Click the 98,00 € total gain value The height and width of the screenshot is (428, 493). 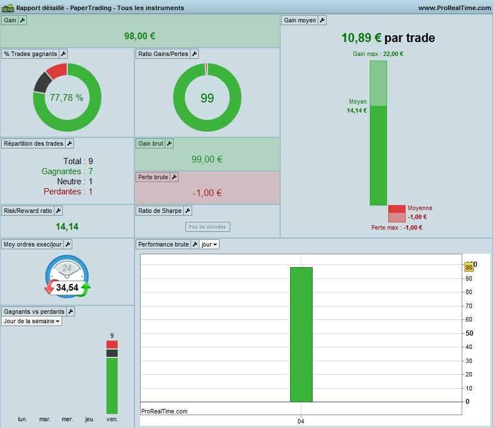pyautogui.click(x=139, y=36)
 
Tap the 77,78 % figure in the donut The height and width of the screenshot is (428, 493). pyautogui.click(x=66, y=98)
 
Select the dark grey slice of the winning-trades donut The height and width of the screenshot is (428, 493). pyautogui.click(x=42, y=83)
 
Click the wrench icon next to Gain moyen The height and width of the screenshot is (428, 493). pyautogui.click(x=322, y=20)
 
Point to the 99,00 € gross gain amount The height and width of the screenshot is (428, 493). pyautogui.click(x=207, y=160)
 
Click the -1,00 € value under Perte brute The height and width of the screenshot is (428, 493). pyautogui.click(x=207, y=193)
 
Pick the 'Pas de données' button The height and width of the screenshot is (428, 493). pyautogui.click(x=207, y=227)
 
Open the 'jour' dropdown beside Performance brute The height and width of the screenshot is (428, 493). pyautogui.click(x=209, y=244)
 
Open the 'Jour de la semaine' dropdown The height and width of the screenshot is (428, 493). pyautogui.click(x=31, y=321)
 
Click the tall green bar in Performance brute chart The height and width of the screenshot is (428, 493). pyautogui.click(x=301, y=334)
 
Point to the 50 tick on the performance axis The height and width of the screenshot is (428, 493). pyautogui.click(x=469, y=333)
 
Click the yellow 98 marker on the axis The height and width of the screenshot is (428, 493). pyautogui.click(x=469, y=267)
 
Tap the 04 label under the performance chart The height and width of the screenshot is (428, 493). pyautogui.click(x=301, y=421)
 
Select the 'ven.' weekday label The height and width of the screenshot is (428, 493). pyautogui.click(x=112, y=419)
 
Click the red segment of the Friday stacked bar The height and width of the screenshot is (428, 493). pyautogui.click(x=112, y=345)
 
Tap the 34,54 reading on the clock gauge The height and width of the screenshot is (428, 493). pyautogui.click(x=67, y=287)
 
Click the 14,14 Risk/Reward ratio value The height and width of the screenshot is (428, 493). pyautogui.click(x=67, y=226)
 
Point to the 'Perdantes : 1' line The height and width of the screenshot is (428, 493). pyautogui.click(x=68, y=192)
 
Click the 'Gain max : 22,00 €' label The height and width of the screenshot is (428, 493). pyautogui.click(x=378, y=54)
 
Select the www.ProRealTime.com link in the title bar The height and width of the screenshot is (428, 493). pyautogui.click(x=454, y=8)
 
